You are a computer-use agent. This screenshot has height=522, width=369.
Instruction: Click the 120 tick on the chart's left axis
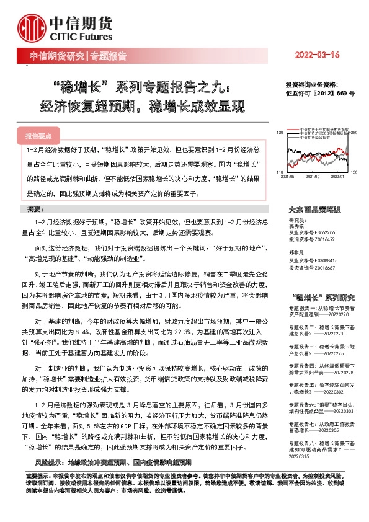(x=280, y=133)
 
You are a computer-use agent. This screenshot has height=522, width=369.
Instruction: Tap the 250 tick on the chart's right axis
(x=354, y=133)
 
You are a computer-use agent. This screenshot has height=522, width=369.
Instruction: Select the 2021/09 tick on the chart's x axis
(x=312, y=176)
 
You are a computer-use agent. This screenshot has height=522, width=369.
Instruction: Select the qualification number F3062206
(x=324, y=232)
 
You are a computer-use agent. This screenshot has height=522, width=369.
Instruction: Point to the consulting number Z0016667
(x=324, y=267)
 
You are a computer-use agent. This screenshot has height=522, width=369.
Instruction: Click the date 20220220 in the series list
(x=332, y=314)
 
